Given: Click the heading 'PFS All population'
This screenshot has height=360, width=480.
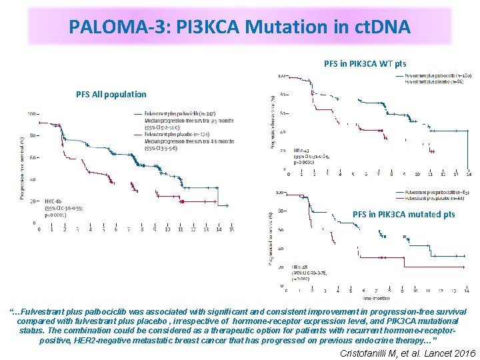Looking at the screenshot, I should [111, 94].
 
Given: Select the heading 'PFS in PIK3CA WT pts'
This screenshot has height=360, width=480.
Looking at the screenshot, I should [365, 64].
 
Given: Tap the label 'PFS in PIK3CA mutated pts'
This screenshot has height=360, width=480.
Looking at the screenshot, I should [403, 214].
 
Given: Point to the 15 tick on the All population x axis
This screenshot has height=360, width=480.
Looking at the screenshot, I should [231, 229].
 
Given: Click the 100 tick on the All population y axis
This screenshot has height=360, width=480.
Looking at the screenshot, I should [31, 114].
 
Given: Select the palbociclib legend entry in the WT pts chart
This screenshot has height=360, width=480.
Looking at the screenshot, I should [434, 76].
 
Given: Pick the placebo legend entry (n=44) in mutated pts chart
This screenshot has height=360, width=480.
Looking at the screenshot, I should [434, 198].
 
